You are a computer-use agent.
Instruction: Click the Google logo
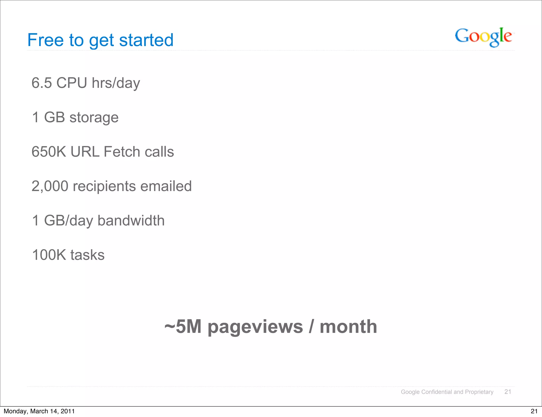click(x=483, y=37)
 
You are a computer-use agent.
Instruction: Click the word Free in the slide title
click(x=45, y=40)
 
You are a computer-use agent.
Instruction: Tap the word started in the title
click(x=146, y=40)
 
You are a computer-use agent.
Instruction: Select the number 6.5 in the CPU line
click(x=42, y=83)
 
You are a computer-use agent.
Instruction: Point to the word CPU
click(x=71, y=83)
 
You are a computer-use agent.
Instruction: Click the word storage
click(x=94, y=118)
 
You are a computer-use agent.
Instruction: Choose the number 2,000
click(x=50, y=186)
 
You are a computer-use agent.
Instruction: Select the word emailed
click(x=166, y=186)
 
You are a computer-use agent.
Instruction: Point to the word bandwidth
click(x=131, y=220)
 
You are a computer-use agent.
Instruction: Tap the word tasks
click(x=87, y=255)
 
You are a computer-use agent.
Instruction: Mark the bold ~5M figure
click(x=183, y=327)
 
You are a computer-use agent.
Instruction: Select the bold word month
click(x=348, y=327)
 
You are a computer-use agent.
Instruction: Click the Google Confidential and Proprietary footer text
click(x=447, y=392)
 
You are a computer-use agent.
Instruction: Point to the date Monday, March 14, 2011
click(x=39, y=411)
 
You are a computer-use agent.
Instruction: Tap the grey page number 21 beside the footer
click(x=508, y=392)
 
